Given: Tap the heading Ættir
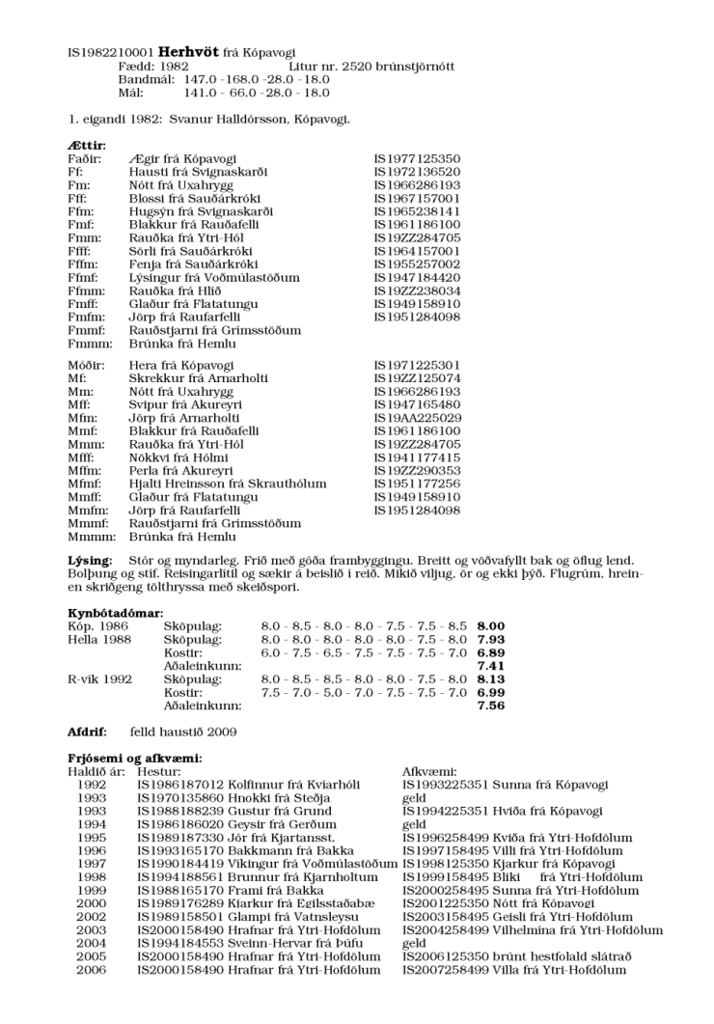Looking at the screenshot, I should coord(85,145).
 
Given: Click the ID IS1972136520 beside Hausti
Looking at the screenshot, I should coord(417,171).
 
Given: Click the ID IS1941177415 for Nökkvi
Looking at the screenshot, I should coord(417,457).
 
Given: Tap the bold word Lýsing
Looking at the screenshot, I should coord(89,560).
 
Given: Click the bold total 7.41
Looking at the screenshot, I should coord(490,666).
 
